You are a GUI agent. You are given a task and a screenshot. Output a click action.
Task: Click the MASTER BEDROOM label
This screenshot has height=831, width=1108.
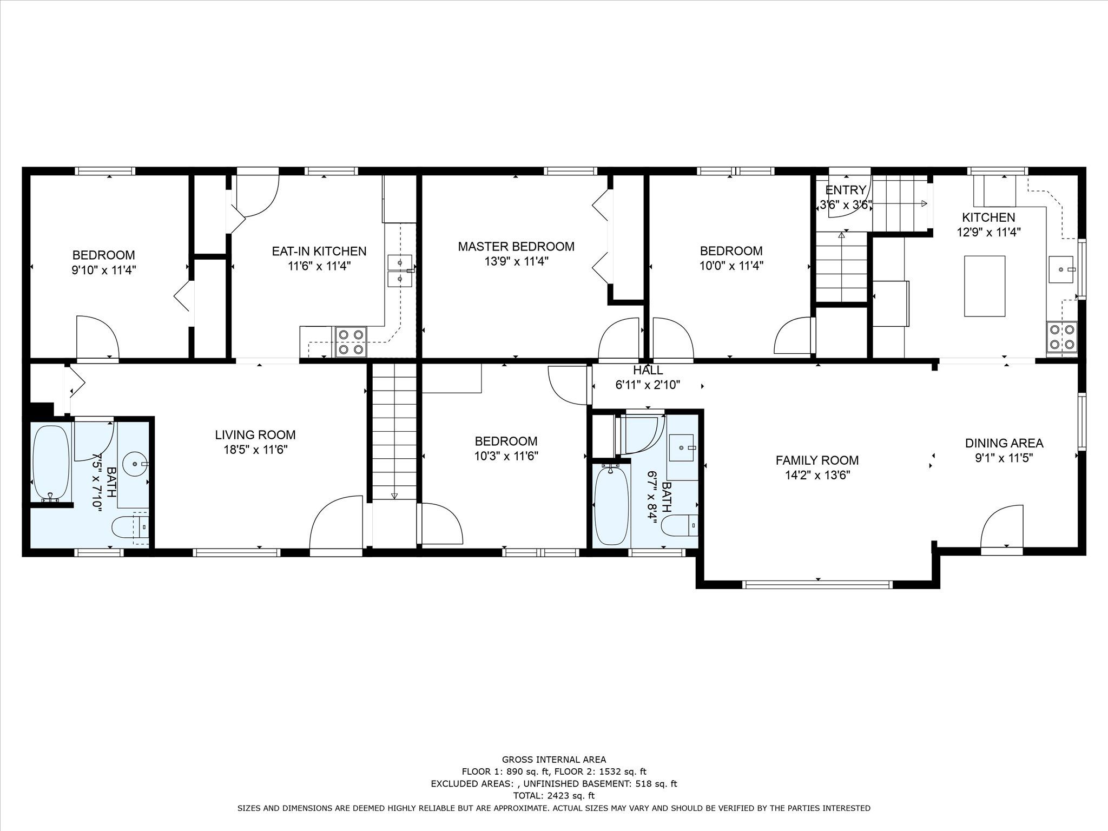(516, 247)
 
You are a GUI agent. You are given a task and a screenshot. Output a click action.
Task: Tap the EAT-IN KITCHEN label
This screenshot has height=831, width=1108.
(319, 251)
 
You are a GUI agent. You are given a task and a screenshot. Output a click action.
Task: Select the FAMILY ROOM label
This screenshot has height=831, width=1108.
(817, 460)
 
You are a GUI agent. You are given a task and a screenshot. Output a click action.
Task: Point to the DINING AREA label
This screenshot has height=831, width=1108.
(1004, 443)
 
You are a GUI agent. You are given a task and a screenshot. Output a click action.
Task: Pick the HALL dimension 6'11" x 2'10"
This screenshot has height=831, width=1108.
(648, 385)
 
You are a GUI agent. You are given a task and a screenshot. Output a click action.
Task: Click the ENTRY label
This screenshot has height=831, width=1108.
(846, 190)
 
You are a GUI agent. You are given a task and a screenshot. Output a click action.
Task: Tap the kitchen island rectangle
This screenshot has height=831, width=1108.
(985, 286)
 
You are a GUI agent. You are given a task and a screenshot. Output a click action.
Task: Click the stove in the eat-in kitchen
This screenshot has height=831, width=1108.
(350, 342)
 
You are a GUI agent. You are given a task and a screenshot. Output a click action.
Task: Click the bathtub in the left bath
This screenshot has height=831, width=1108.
(51, 463)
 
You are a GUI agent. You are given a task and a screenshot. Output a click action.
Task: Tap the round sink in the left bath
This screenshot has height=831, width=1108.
(135, 464)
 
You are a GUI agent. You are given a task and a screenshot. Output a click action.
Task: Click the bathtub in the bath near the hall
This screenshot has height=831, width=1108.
(612, 505)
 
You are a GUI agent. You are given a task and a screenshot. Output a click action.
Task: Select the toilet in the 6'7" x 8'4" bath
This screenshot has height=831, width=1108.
(680, 525)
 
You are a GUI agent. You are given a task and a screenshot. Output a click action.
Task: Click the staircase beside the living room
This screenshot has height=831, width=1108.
(394, 432)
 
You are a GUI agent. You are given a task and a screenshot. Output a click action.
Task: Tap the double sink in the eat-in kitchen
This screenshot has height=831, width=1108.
(400, 271)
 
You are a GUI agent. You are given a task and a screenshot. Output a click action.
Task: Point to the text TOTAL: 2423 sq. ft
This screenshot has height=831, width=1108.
(553, 796)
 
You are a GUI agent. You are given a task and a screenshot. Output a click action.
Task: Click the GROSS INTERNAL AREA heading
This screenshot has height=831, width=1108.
(554, 760)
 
